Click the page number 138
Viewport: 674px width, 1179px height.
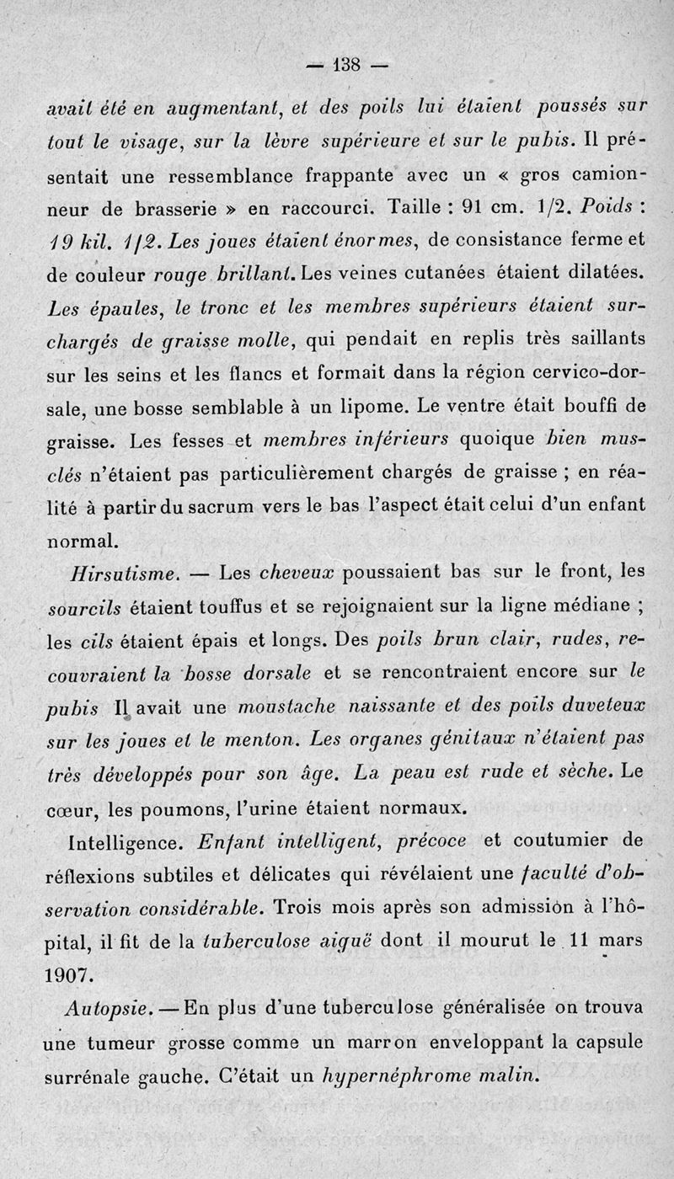(346, 64)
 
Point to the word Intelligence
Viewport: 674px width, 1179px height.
(119, 842)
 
